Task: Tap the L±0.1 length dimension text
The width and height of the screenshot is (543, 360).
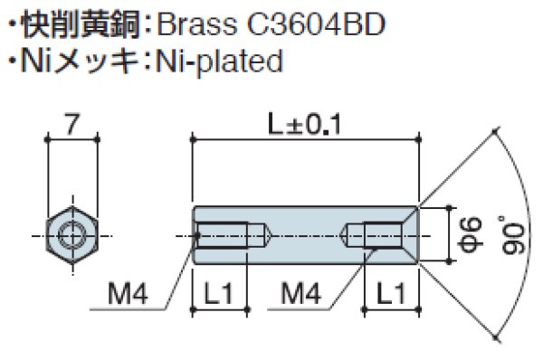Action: pyautogui.click(x=306, y=125)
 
